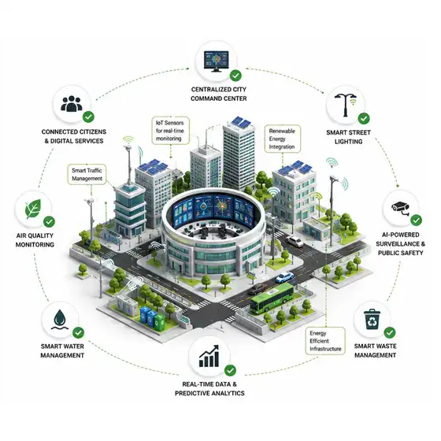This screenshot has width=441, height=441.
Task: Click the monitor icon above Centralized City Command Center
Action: click(x=216, y=61)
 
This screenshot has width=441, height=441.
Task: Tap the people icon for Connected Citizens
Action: click(x=72, y=104)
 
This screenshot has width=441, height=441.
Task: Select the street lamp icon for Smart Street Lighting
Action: click(x=346, y=105)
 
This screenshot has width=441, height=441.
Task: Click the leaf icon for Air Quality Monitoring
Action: click(x=33, y=209)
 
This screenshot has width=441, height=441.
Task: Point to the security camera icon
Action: click(x=401, y=208)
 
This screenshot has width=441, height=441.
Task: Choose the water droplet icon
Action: click(x=60, y=320)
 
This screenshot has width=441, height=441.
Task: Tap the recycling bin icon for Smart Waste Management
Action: click(x=372, y=319)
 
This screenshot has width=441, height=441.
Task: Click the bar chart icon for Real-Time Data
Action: click(x=209, y=356)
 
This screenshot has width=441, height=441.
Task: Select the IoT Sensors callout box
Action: click(x=170, y=131)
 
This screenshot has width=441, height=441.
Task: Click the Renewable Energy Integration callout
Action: click(x=283, y=139)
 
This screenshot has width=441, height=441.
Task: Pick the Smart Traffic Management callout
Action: click(x=87, y=174)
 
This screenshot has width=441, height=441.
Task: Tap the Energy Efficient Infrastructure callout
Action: click(x=325, y=341)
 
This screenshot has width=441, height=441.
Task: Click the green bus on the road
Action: click(x=272, y=298)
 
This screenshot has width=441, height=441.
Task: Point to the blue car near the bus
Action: click(x=284, y=277)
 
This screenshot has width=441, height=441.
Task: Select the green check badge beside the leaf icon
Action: click(x=49, y=221)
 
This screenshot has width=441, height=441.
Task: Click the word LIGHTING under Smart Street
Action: click(x=348, y=142)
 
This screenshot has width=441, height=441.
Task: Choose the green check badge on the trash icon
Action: click(x=390, y=332)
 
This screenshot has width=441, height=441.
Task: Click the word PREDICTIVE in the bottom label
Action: click(x=191, y=393)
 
